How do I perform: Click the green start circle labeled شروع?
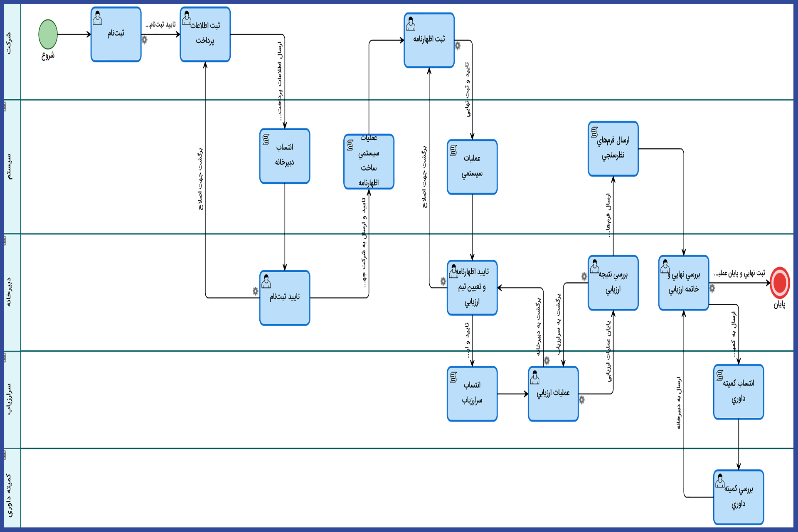(x=48, y=34)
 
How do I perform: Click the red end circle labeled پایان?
(x=780, y=283)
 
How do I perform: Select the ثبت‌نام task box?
(x=116, y=34)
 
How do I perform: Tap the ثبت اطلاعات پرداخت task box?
(x=205, y=34)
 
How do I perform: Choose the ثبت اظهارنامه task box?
(x=429, y=40)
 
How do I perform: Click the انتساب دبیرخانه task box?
(x=285, y=156)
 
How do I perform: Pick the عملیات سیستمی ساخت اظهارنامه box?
(x=369, y=162)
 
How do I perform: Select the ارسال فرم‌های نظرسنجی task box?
(x=613, y=149)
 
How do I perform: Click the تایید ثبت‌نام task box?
(x=285, y=298)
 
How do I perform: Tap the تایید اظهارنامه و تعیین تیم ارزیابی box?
(x=472, y=288)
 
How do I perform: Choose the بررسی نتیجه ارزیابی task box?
(x=613, y=283)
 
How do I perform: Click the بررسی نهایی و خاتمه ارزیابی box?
(x=684, y=283)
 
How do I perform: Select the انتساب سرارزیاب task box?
(x=472, y=394)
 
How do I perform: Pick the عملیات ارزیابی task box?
(x=553, y=394)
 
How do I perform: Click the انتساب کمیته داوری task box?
(x=739, y=392)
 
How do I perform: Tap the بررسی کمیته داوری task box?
(x=739, y=497)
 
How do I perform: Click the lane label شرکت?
(x=9, y=44)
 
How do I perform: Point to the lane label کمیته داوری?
(x=9, y=495)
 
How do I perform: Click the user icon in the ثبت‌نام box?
(x=98, y=18)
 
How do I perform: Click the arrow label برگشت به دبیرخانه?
(x=539, y=326)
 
